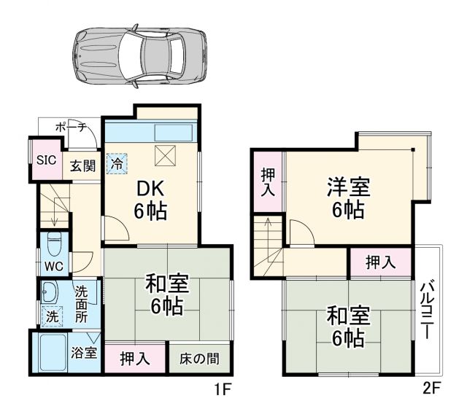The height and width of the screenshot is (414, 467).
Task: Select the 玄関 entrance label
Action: [82, 165]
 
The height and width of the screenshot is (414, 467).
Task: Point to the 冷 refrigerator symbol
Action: [116, 163]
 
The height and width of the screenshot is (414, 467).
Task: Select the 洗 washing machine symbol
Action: [53, 317]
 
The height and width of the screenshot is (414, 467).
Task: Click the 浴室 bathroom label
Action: [85, 353]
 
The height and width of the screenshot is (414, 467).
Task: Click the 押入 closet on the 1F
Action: [135, 359]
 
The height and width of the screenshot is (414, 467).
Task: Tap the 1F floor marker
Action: [222, 389]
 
